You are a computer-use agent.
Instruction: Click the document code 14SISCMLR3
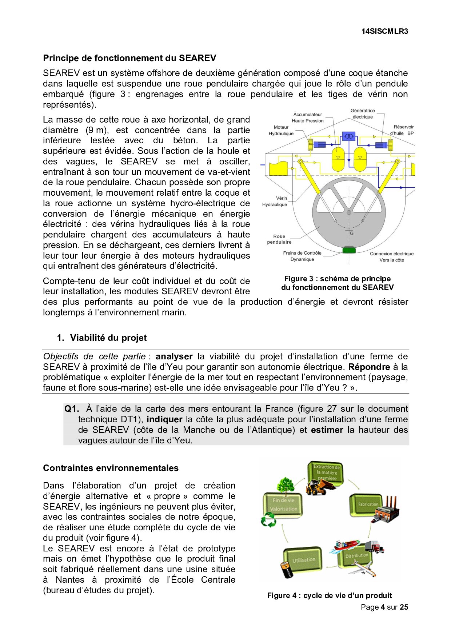coord(384,31)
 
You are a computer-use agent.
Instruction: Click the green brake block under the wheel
coord(349,250)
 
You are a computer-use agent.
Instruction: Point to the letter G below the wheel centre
coord(352,233)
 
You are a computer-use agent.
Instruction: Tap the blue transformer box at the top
coord(349,136)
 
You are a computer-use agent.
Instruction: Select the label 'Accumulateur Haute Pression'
coord(308,117)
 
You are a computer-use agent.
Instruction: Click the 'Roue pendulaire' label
coord(279,239)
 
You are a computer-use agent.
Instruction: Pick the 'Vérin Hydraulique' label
coord(275,201)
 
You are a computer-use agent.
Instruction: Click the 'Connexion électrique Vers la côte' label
coord(392,257)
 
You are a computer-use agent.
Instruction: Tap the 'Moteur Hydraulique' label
coord(281,130)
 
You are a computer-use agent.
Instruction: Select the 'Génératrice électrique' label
coord(363,113)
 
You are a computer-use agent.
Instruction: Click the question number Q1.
coord(71,409)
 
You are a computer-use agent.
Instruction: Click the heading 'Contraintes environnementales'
coord(111,468)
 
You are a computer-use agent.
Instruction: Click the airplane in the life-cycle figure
coord(362,567)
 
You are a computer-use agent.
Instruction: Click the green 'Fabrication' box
coord(366,505)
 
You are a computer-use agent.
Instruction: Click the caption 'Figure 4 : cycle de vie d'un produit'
coord(329,595)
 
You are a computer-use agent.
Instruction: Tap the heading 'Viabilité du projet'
coord(108,338)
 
